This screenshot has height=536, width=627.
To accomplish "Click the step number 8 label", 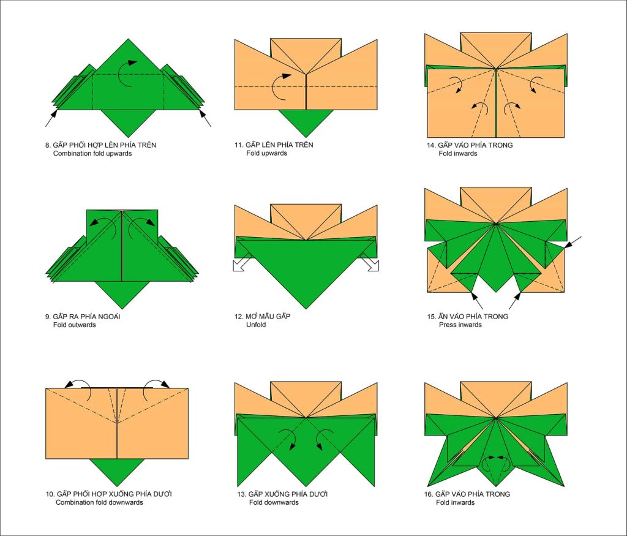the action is [48, 145].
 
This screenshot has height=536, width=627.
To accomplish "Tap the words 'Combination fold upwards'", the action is [92, 154].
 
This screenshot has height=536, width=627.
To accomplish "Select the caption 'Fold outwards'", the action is [74, 325].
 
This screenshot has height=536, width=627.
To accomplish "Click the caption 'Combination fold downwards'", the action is [99, 502].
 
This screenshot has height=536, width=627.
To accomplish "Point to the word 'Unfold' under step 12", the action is [256, 325].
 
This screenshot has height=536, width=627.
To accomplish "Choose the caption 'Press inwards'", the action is [460, 325].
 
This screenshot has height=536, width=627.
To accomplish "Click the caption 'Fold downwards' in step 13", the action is [274, 502].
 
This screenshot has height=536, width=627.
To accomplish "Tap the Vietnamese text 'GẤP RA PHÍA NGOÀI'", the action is [86, 317].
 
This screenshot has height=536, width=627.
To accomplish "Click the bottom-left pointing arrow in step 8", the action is [51, 118].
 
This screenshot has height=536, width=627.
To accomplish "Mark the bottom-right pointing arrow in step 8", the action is [205, 118].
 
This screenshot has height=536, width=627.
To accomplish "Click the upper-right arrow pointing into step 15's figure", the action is [573, 243].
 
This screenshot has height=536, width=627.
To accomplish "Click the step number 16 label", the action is [429, 494].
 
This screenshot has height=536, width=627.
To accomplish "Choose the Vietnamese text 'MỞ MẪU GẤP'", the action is [268, 317].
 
